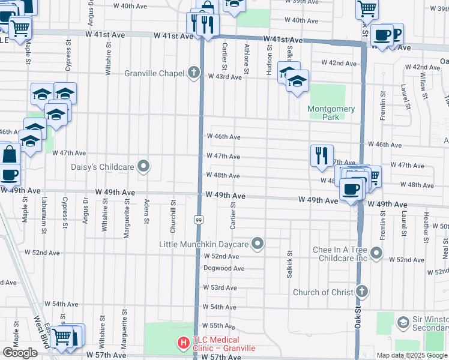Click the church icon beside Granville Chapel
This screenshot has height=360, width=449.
(193, 73)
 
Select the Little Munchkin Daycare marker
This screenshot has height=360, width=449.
(258, 244)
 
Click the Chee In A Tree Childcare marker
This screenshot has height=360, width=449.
(376, 253)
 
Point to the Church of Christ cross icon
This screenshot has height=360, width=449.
(361, 292)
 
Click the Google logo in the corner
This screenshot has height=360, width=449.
(20, 353)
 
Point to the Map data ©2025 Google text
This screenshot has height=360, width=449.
(412, 355)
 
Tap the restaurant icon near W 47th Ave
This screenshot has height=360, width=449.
(322, 155)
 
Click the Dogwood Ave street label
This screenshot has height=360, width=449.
(224, 268)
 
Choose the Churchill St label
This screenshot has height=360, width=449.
(172, 210)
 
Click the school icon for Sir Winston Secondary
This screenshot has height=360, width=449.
(404, 323)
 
